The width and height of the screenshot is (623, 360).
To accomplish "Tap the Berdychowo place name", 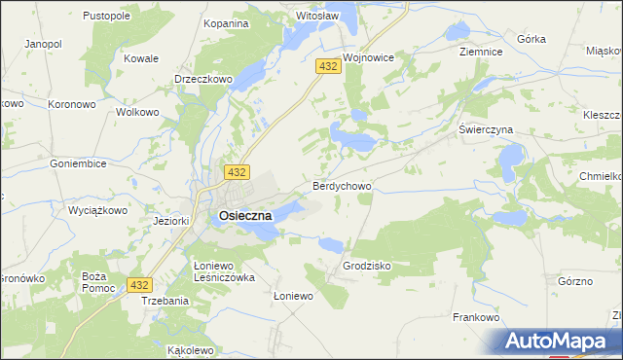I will click(340, 185).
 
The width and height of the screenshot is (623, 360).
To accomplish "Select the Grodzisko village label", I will click(367, 266).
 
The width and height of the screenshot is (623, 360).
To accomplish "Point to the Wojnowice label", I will click(367, 57).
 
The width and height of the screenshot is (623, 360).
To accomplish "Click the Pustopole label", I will click(107, 17).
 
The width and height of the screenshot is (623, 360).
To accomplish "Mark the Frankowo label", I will click(476, 317).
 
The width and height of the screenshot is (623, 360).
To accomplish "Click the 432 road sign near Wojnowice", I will click(327, 65).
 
